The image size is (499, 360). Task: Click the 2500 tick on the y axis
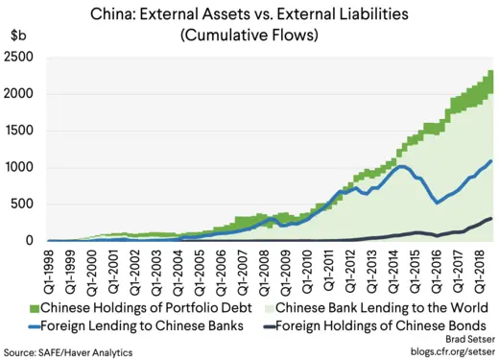(20, 58)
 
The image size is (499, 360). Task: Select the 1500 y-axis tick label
(20, 132)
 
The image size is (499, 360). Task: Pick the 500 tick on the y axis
(24, 204)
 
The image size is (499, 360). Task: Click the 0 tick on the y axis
(31, 241)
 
